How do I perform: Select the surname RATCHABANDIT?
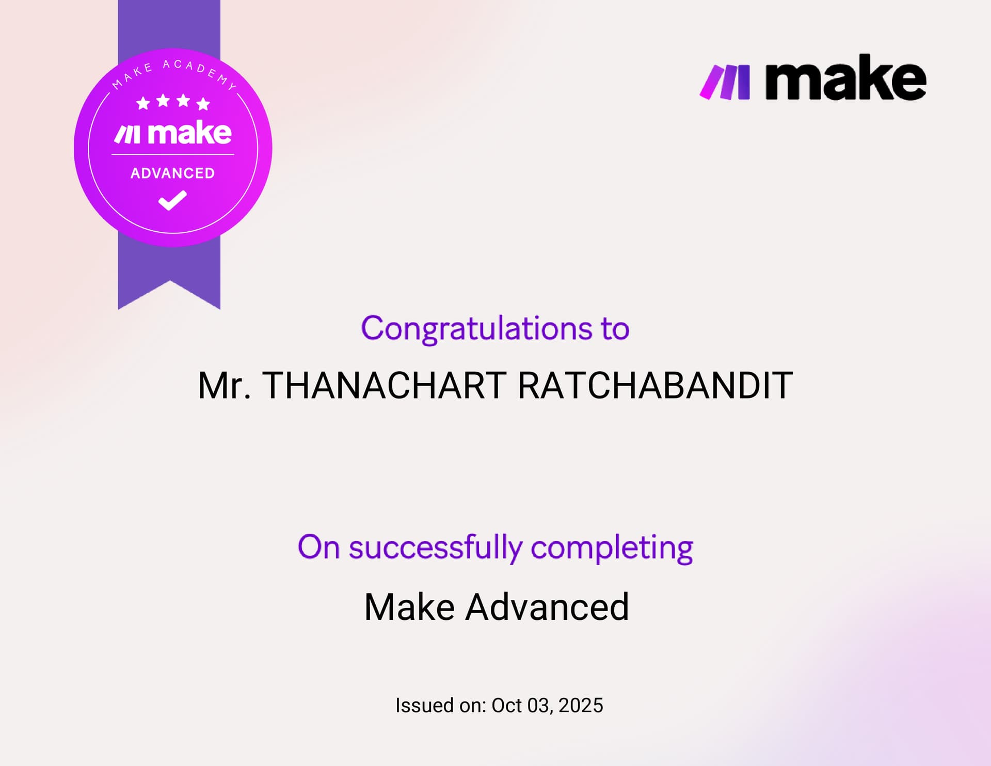(654, 386)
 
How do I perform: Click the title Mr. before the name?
(224, 386)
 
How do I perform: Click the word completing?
(612, 548)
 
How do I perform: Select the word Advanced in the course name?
(547, 607)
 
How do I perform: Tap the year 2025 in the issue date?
(581, 706)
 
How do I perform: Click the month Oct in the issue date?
(506, 706)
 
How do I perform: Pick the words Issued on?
(440, 706)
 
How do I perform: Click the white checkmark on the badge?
(172, 200)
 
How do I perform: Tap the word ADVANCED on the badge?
(172, 173)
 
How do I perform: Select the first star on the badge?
(143, 103)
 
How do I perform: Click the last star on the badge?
(203, 104)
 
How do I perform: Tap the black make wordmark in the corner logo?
(845, 78)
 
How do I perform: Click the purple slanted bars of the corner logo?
(725, 82)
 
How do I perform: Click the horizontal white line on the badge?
(172, 154)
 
